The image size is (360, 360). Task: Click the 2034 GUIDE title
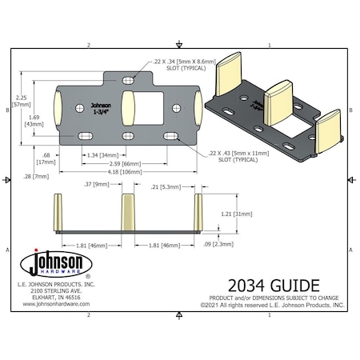(275, 284)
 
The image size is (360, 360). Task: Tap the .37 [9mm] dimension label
(96, 185)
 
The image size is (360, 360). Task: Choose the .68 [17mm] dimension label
(46, 158)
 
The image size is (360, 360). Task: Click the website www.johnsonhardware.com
(56, 303)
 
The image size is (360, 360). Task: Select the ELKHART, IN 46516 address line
(56, 297)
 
